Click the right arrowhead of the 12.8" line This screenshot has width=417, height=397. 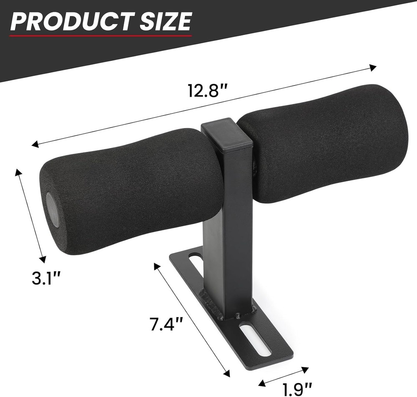click(374, 67)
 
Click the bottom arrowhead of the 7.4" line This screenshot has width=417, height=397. click(227, 374)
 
